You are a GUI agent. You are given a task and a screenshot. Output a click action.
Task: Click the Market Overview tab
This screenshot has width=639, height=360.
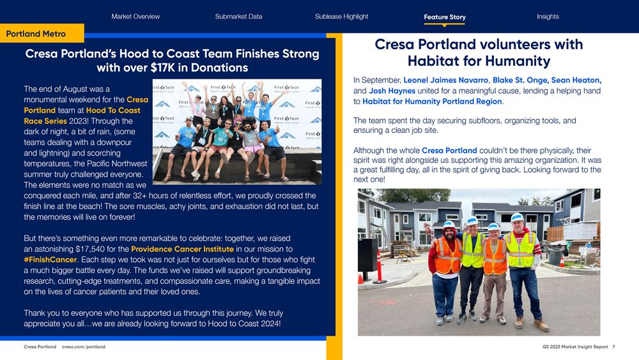click(135, 17)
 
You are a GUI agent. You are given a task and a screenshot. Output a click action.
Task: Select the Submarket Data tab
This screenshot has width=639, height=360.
click(238, 17)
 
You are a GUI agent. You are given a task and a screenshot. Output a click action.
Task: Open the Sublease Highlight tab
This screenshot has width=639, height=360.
click(341, 17)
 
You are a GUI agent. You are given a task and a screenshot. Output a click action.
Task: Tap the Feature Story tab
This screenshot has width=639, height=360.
click(444, 17)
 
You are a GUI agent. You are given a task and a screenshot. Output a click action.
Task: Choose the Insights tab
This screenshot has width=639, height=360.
click(548, 17)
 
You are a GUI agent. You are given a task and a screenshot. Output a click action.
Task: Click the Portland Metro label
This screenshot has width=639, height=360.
click(36, 33)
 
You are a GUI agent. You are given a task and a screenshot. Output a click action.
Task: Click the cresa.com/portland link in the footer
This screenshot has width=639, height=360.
click(84, 347)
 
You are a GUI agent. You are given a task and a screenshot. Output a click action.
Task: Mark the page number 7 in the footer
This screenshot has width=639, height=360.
click(613, 347)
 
